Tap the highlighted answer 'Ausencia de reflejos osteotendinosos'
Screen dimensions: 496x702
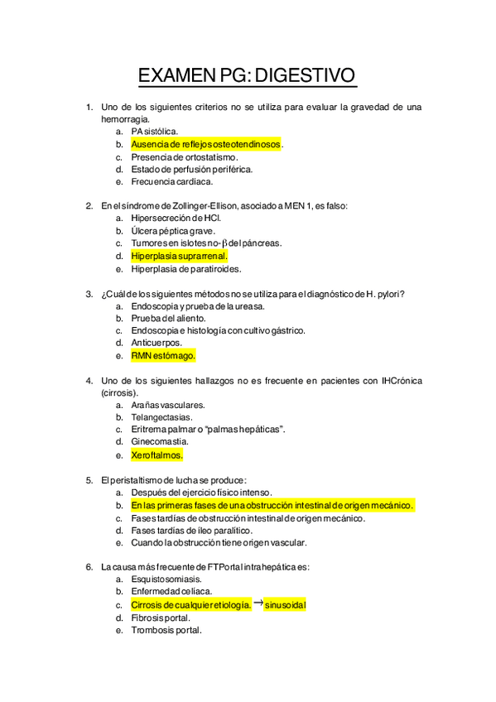click(x=205, y=144)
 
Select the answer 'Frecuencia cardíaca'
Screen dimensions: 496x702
click(x=171, y=181)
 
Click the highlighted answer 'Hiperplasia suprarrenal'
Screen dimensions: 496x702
click(x=179, y=256)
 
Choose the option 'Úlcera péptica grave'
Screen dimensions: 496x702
click(x=172, y=231)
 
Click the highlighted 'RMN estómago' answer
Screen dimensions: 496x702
click(x=163, y=355)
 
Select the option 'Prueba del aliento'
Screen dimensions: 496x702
click(x=168, y=318)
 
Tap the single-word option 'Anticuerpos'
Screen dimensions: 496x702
click(x=156, y=343)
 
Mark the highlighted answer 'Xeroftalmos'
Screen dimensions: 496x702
click(x=157, y=454)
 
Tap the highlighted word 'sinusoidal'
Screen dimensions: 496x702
click(x=286, y=605)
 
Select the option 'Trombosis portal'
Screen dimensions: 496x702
click(x=166, y=630)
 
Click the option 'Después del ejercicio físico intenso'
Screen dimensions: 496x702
click(x=200, y=493)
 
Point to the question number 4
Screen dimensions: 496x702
click(x=89, y=381)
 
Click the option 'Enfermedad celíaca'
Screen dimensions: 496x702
click(x=171, y=592)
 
